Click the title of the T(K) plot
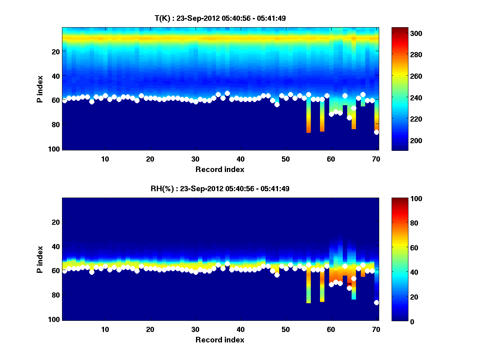(x=220, y=18)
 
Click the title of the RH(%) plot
(x=220, y=188)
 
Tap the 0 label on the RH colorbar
(x=399, y=321)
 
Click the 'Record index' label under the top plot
(x=220, y=169)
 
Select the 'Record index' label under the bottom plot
(x=220, y=340)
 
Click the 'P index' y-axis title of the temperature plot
(x=40, y=89)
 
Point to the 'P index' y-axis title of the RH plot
(x=40, y=259)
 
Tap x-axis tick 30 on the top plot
(x=195, y=159)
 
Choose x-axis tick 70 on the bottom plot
(x=376, y=329)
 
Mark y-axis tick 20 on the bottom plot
(x=56, y=222)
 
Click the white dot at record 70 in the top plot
(x=376, y=132)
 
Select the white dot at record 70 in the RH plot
(x=376, y=302)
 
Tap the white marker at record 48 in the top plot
(x=277, y=105)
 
